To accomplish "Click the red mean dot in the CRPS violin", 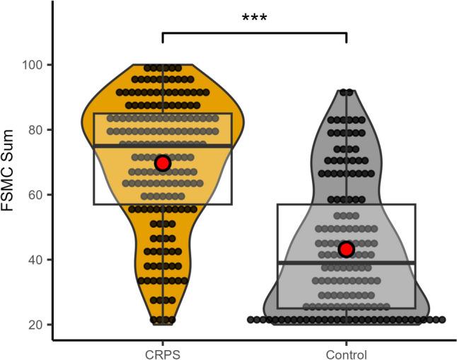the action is [x=163, y=163].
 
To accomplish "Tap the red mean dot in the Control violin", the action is [x=346, y=249].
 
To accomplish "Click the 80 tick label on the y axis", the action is [x=35, y=130].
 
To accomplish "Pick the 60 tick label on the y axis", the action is [x=35, y=195].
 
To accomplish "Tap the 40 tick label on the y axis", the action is [x=35, y=260].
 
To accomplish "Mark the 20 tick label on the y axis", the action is [x=35, y=325].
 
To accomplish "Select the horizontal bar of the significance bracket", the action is [x=255, y=33].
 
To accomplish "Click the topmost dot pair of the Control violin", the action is [x=347, y=92].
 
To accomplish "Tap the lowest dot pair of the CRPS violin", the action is [x=163, y=320].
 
